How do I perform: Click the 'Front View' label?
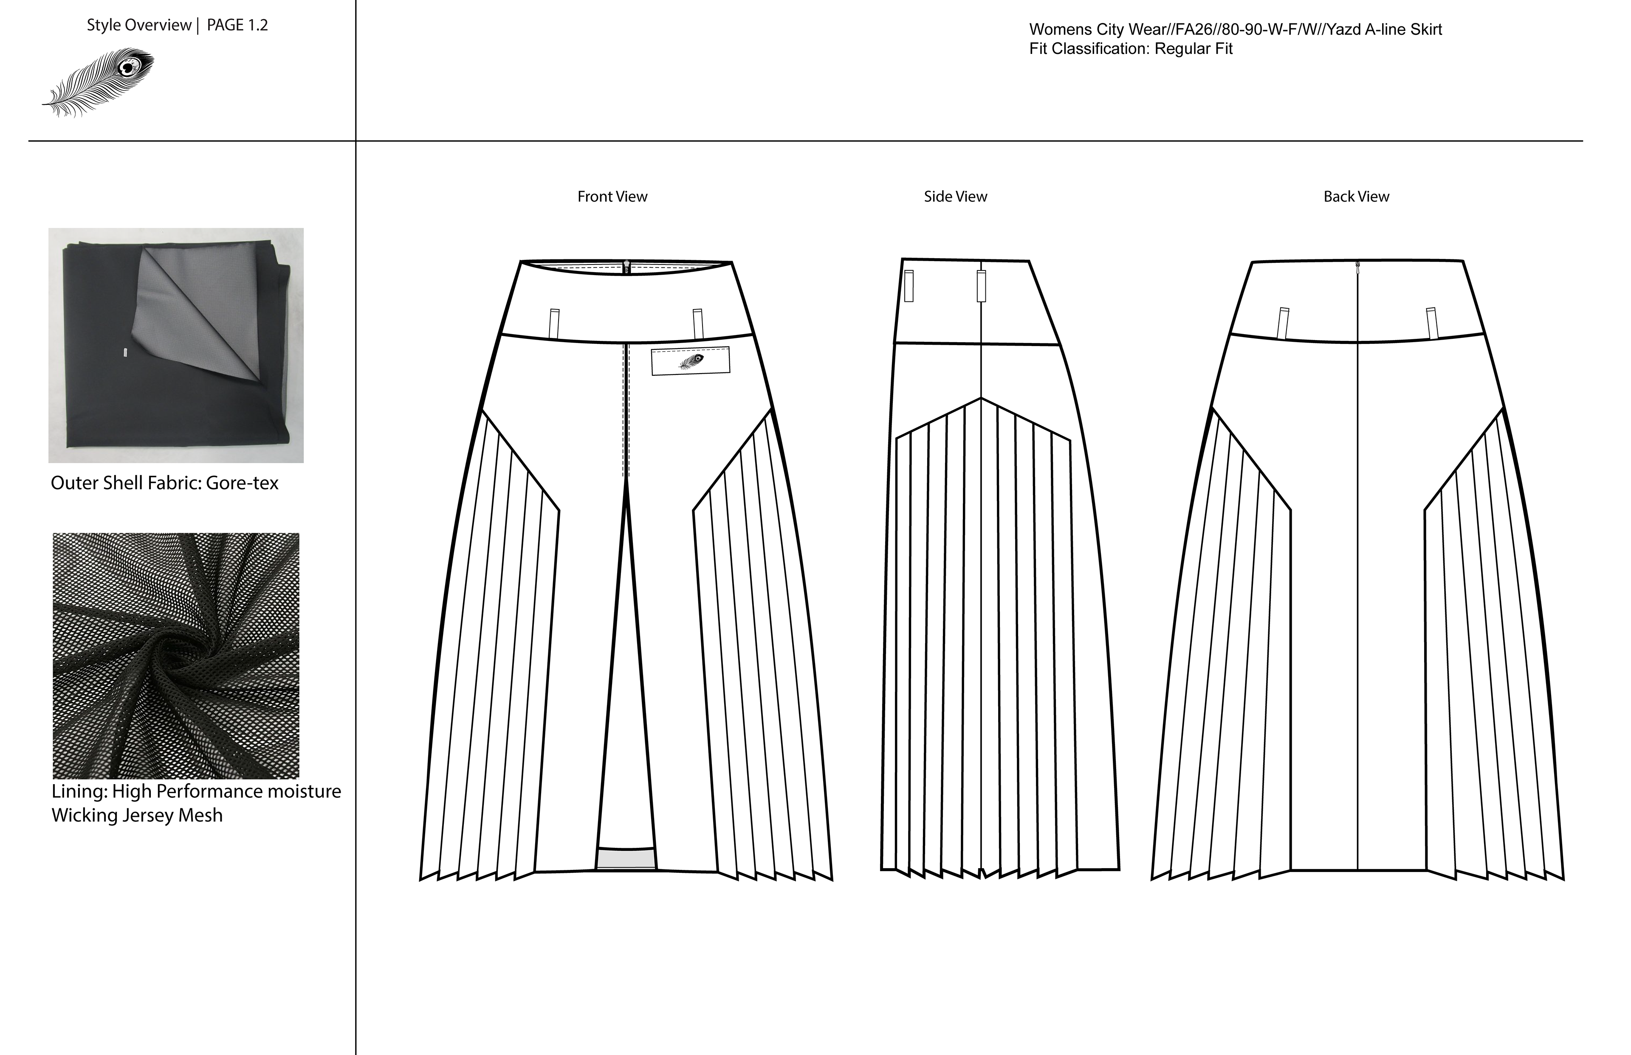pos(612,197)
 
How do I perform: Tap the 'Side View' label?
pos(955,197)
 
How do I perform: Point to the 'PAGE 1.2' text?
pos(237,25)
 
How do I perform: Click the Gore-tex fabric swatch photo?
pos(176,345)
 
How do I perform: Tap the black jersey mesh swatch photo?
pos(176,656)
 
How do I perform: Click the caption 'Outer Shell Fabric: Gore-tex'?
pos(164,483)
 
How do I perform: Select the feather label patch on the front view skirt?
pos(690,361)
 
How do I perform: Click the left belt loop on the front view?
pos(554,324)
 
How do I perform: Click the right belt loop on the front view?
pos(697,324)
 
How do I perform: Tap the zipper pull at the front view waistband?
pos(626,266)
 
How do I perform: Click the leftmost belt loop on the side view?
pos(909,286)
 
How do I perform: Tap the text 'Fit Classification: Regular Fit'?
pos(1131,49)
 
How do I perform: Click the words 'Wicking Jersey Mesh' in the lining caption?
pos(137,815)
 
